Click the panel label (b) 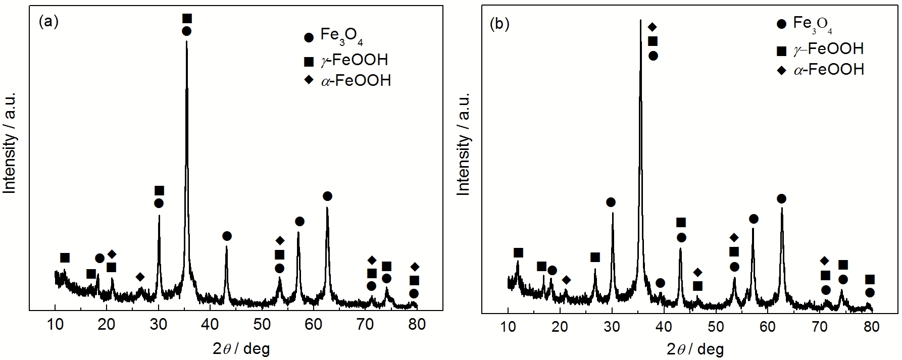click(500, 24)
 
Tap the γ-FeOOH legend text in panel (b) click(828, 49)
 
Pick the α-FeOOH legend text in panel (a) click(356, 80)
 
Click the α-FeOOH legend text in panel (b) click(829, 69)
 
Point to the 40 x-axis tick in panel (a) click(210, 324)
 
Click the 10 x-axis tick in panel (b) click(508, 327)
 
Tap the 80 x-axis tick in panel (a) click(417, 324)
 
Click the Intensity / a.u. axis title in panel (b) click(463, 144)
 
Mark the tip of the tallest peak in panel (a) click(187, 41)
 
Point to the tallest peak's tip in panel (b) click(640, 20)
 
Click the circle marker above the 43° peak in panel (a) click(227, 236)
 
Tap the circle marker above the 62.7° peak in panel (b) click(781, 198)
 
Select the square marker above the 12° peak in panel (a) click(65, 258)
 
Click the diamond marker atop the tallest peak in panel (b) click(652, 27)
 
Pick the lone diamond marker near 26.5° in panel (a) click(140, 277)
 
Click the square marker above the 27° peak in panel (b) click(595, 258)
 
